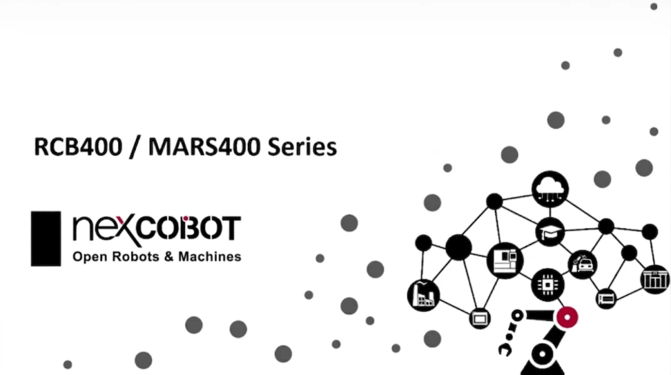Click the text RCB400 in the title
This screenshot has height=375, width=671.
point(78,147)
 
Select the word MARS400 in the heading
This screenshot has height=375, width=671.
point(204,147)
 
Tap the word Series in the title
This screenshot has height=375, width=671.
point(302,147)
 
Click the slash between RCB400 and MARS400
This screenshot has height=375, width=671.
point(135,147)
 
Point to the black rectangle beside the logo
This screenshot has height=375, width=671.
point(46,239)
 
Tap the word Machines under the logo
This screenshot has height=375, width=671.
point(210,256)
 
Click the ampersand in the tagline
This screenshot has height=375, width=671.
point(169,256)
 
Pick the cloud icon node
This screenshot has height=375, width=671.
point(550,189)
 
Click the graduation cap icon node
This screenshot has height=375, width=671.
point(550,232)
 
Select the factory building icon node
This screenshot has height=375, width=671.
point(423,295)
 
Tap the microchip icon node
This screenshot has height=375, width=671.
point(547,284)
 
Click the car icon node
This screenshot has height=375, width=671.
point(582,264)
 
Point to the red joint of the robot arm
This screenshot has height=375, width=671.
point(567,317)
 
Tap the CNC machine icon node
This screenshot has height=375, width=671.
point(505,260)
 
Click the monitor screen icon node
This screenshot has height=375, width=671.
point(480,319)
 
